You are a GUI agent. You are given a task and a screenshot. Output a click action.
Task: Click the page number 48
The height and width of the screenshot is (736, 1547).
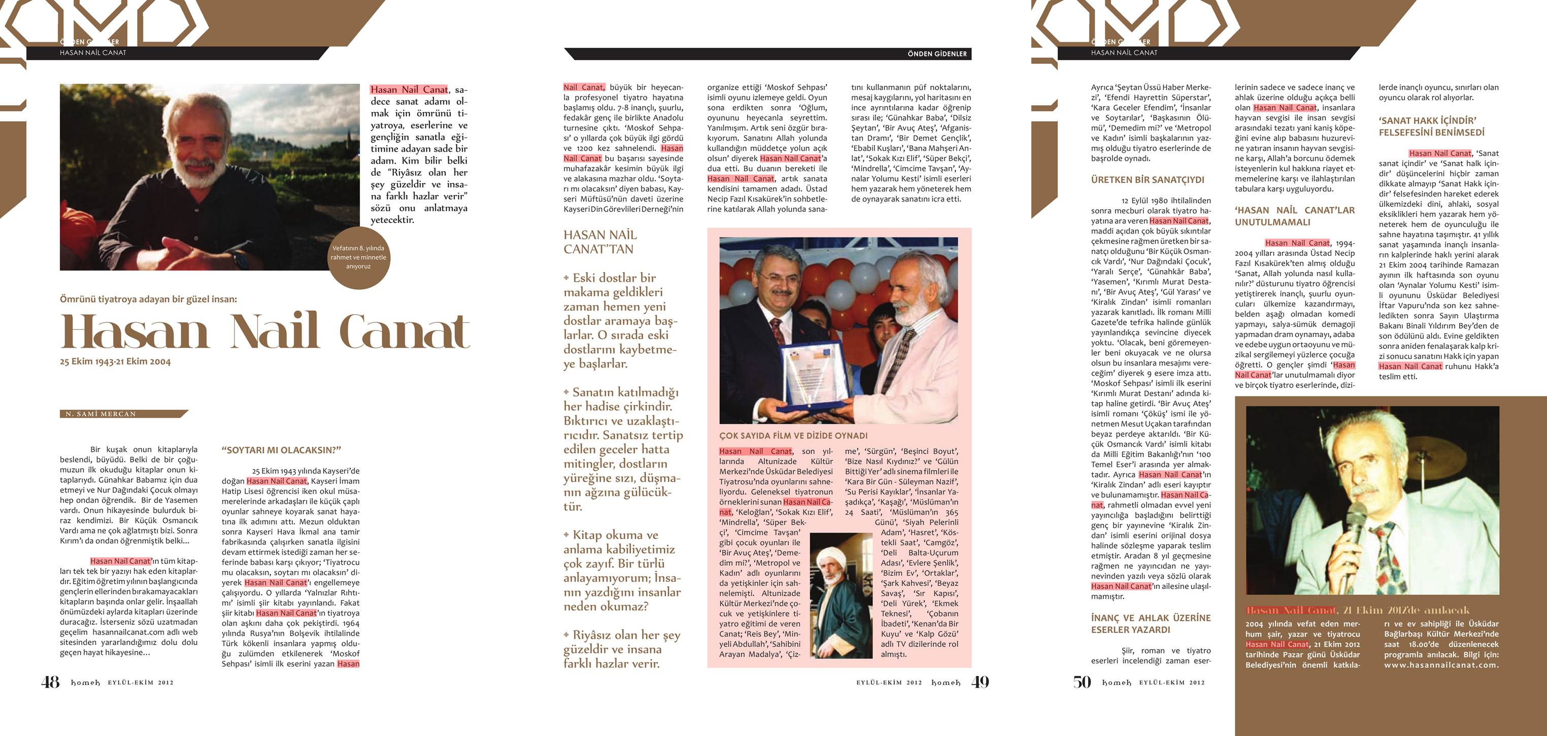pos(50,682)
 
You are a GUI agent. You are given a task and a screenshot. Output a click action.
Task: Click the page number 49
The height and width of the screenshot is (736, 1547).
pos(980,682)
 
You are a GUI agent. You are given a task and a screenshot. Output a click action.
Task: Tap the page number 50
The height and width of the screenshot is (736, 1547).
pos(1082,682)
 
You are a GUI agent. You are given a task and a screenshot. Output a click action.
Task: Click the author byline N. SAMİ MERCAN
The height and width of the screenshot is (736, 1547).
pos(101,414)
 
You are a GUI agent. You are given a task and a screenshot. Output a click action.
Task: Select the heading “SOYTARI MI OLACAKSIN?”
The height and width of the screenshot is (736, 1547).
pos(281,450)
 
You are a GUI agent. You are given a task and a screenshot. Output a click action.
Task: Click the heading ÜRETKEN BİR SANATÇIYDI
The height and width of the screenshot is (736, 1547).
pos(1147,180)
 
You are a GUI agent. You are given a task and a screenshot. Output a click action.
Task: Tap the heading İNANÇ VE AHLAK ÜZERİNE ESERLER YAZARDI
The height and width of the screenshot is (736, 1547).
pos(1151,624)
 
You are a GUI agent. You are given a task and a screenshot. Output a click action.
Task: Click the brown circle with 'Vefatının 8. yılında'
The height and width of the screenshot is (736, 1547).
pos(358,257)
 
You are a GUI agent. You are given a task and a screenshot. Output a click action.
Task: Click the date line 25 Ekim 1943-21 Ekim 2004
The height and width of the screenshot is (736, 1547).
pos(115,362)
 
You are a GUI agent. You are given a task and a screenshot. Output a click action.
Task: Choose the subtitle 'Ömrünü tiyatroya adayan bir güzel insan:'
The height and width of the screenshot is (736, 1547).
pos(148,298)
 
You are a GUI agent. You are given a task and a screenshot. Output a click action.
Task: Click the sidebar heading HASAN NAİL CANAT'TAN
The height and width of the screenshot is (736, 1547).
pos(600,242)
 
